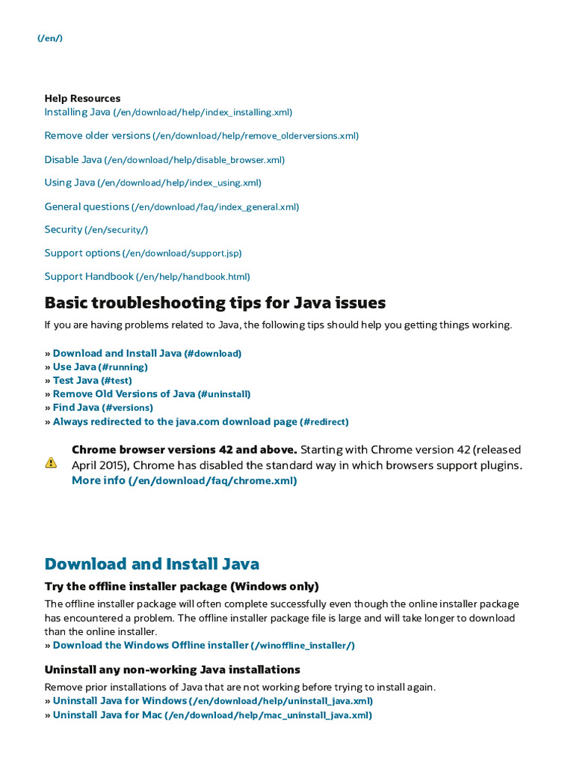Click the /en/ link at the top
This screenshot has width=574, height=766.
pos(50,38)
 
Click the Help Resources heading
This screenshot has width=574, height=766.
pos(82,98)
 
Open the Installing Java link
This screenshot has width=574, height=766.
pos(167,112)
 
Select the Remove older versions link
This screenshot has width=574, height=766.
pos(201,135)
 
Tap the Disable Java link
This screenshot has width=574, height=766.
pos(164,159)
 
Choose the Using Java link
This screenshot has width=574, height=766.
pos(152,183)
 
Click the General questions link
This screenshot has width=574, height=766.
pos(171,206)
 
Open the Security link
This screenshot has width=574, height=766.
pos(96,230)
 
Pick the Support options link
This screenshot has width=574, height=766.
pos(143,253)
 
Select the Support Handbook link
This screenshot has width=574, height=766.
pos(146,277)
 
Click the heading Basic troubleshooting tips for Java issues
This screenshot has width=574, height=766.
pos(215,303)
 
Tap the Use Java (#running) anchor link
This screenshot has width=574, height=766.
pos(100,367)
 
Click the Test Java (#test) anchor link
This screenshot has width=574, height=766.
pos(92,380)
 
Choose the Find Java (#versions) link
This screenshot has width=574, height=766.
pos(102,408)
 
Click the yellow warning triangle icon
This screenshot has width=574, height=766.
pos(51,463)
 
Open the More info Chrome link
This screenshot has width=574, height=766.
pos(184,481)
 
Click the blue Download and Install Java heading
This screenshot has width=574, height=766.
pos(152,564)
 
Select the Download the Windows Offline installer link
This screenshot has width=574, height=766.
pos(203,645)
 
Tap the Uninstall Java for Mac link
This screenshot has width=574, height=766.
pos(212,715)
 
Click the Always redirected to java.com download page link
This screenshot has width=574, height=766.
pos(200,422)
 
